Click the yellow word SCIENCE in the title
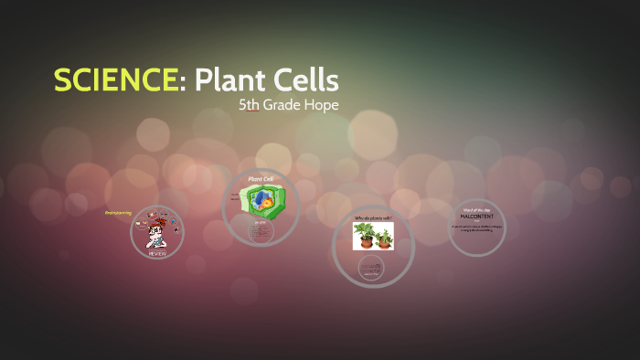tap(115, 80)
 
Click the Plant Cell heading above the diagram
tap(261, 178)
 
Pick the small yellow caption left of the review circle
tap(118, 213)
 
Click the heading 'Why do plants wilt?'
tap(373, 217)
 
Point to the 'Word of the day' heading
tap(476, 209)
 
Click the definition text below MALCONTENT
tap(476, 228)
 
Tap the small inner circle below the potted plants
tap(372, 268)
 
